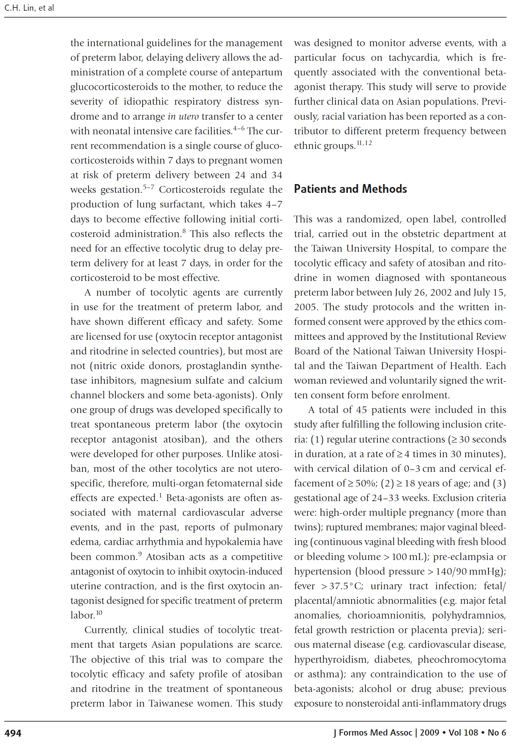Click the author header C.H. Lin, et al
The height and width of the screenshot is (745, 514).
(29, 8)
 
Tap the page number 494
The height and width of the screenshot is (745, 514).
(13, 733)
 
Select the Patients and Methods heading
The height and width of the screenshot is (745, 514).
(350, 189)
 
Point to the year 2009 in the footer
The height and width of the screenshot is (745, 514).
(429, 732)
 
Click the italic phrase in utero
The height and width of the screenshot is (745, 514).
(183, 116)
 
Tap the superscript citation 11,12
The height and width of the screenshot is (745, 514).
(364, 143)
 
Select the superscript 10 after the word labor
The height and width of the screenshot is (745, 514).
(99, 613)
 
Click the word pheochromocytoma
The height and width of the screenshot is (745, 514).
(462, 659)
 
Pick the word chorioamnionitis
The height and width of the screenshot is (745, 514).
(386, 615)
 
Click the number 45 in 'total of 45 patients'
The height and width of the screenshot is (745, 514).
(361, 410)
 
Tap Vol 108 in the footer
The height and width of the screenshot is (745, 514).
(463, 732)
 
